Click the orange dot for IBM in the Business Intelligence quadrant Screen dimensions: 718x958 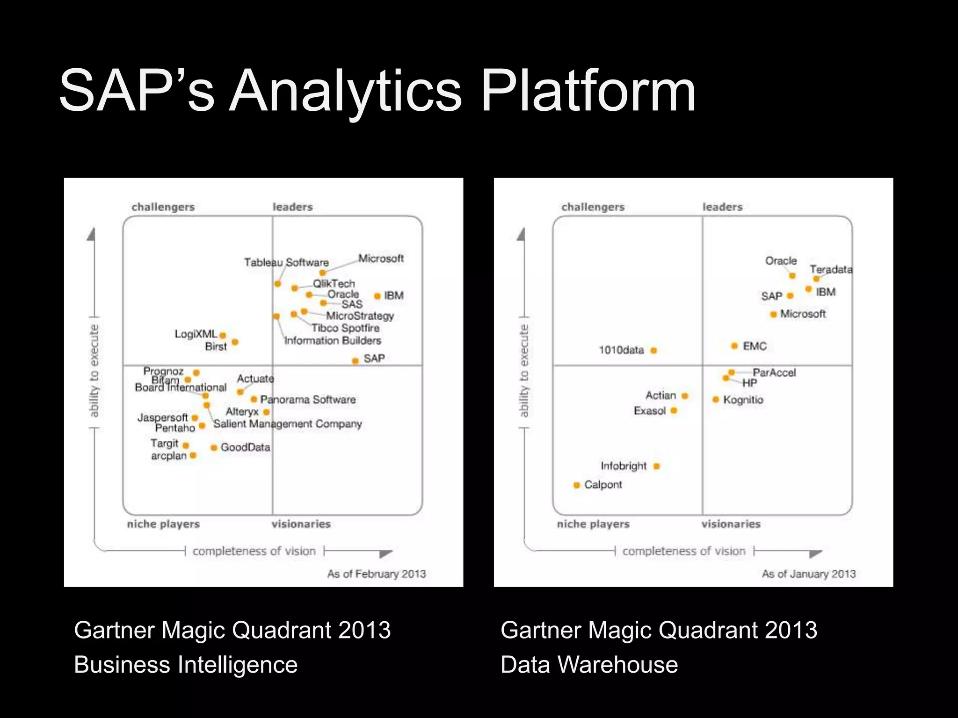tap(377, 296)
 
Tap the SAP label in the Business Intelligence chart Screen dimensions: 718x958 tap(374, 359)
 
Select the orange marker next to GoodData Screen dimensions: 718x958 tap(214, 448)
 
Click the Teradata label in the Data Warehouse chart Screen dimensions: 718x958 tap(831, 270)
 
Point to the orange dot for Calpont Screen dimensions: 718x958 tap(577, 485)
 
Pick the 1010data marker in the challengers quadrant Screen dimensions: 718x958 tap(654, 351)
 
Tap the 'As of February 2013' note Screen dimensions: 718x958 tap(377, 574)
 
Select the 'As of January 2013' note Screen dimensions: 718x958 tap(809, 574)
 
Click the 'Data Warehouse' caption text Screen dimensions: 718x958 tap(589, 665)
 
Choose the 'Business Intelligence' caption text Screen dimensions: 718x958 tap(186, 665)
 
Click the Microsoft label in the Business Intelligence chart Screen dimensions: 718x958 tap(381, 258)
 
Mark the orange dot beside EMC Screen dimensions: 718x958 tap(734, 346)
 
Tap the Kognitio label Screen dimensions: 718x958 tap(743, 400)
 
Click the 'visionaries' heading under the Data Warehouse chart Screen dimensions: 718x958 tap(731, 524)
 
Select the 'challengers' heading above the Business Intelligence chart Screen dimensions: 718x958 tap(163, 207)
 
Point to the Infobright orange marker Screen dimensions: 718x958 tap(657, 466)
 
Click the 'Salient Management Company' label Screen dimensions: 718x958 tap(288, 424)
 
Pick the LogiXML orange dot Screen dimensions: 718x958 tap(223, 335)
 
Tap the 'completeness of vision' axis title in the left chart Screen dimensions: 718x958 tap(254, 551)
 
